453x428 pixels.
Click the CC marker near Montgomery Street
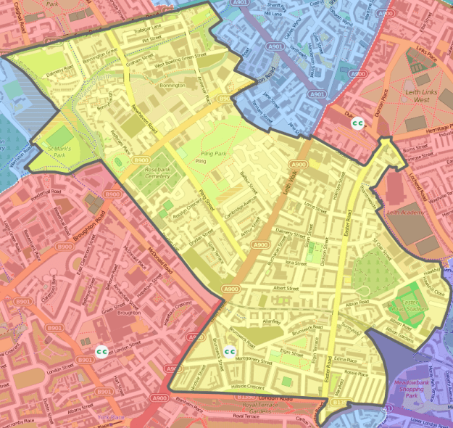pyautogui.click(x=230, y=353)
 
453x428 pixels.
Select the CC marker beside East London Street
pyautogui.click(x=102, y=351)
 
